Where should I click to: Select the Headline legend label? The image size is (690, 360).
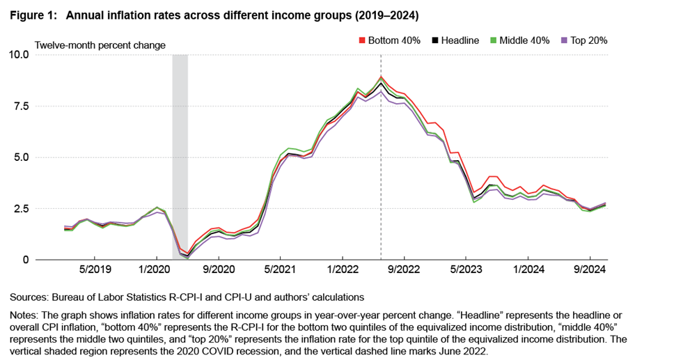pyautogui.click(x=461, y=40)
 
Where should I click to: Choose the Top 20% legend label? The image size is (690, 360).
pyautogui.click(x=589, y=40)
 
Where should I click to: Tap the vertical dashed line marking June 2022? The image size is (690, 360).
pyautogui.click(x=381, y=174)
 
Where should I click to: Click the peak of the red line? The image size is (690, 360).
pyautogui.click(x=381, y=77)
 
